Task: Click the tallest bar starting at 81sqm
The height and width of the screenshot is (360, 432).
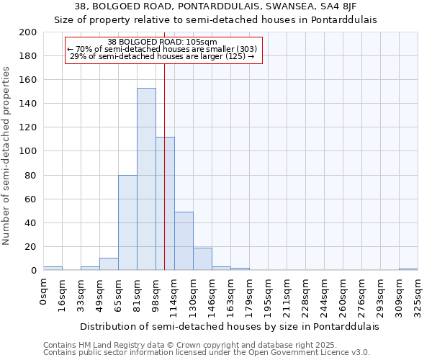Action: tap(146, 179)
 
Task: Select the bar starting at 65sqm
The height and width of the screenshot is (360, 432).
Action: tap(127, 222)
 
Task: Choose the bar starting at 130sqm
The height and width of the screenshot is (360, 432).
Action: tap(202, 259)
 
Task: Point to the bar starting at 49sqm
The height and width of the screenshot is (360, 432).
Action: tap(109, 264)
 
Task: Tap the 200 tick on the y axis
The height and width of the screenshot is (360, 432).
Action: tap(28, 32)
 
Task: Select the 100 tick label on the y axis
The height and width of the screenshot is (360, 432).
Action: tap(28, 151)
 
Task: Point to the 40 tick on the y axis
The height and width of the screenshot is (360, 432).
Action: tap(31, 223)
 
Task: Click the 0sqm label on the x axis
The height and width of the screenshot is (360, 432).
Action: tap(44, 292)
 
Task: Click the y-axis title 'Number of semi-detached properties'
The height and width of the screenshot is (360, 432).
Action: tap(7, 156)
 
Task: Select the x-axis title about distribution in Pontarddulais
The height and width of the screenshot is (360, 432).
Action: tap(229, 326)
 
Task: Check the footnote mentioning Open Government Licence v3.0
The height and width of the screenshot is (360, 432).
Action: tap(207, 353)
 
